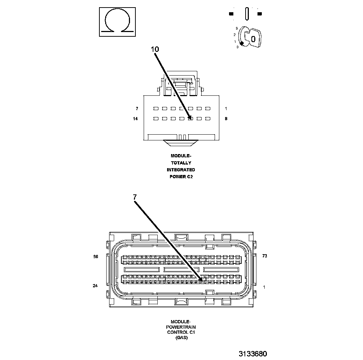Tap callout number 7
coord(135,197)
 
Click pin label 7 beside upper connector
coord(137,108)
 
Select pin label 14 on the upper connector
coord(135,118)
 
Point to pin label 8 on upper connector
coord(226,118)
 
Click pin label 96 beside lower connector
coord(96,257)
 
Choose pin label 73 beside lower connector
coord(265,256)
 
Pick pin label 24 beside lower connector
coord(95,286)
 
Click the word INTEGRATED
coord(181,170)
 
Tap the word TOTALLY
coord(181,163)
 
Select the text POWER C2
coord(181,176)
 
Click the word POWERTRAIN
coord(181,327)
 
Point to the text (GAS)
coord(181,338)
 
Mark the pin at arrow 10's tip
coord(191,118)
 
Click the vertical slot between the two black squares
coord(247,14)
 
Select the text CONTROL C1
coord(181,333)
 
